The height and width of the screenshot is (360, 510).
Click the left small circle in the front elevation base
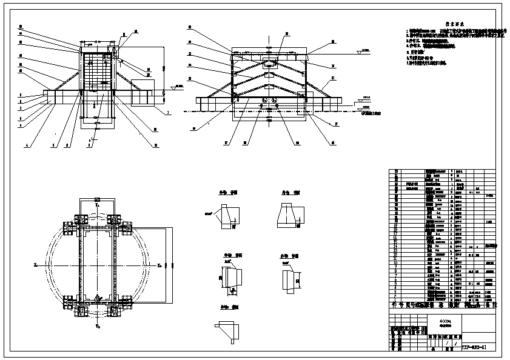[265, 101]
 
